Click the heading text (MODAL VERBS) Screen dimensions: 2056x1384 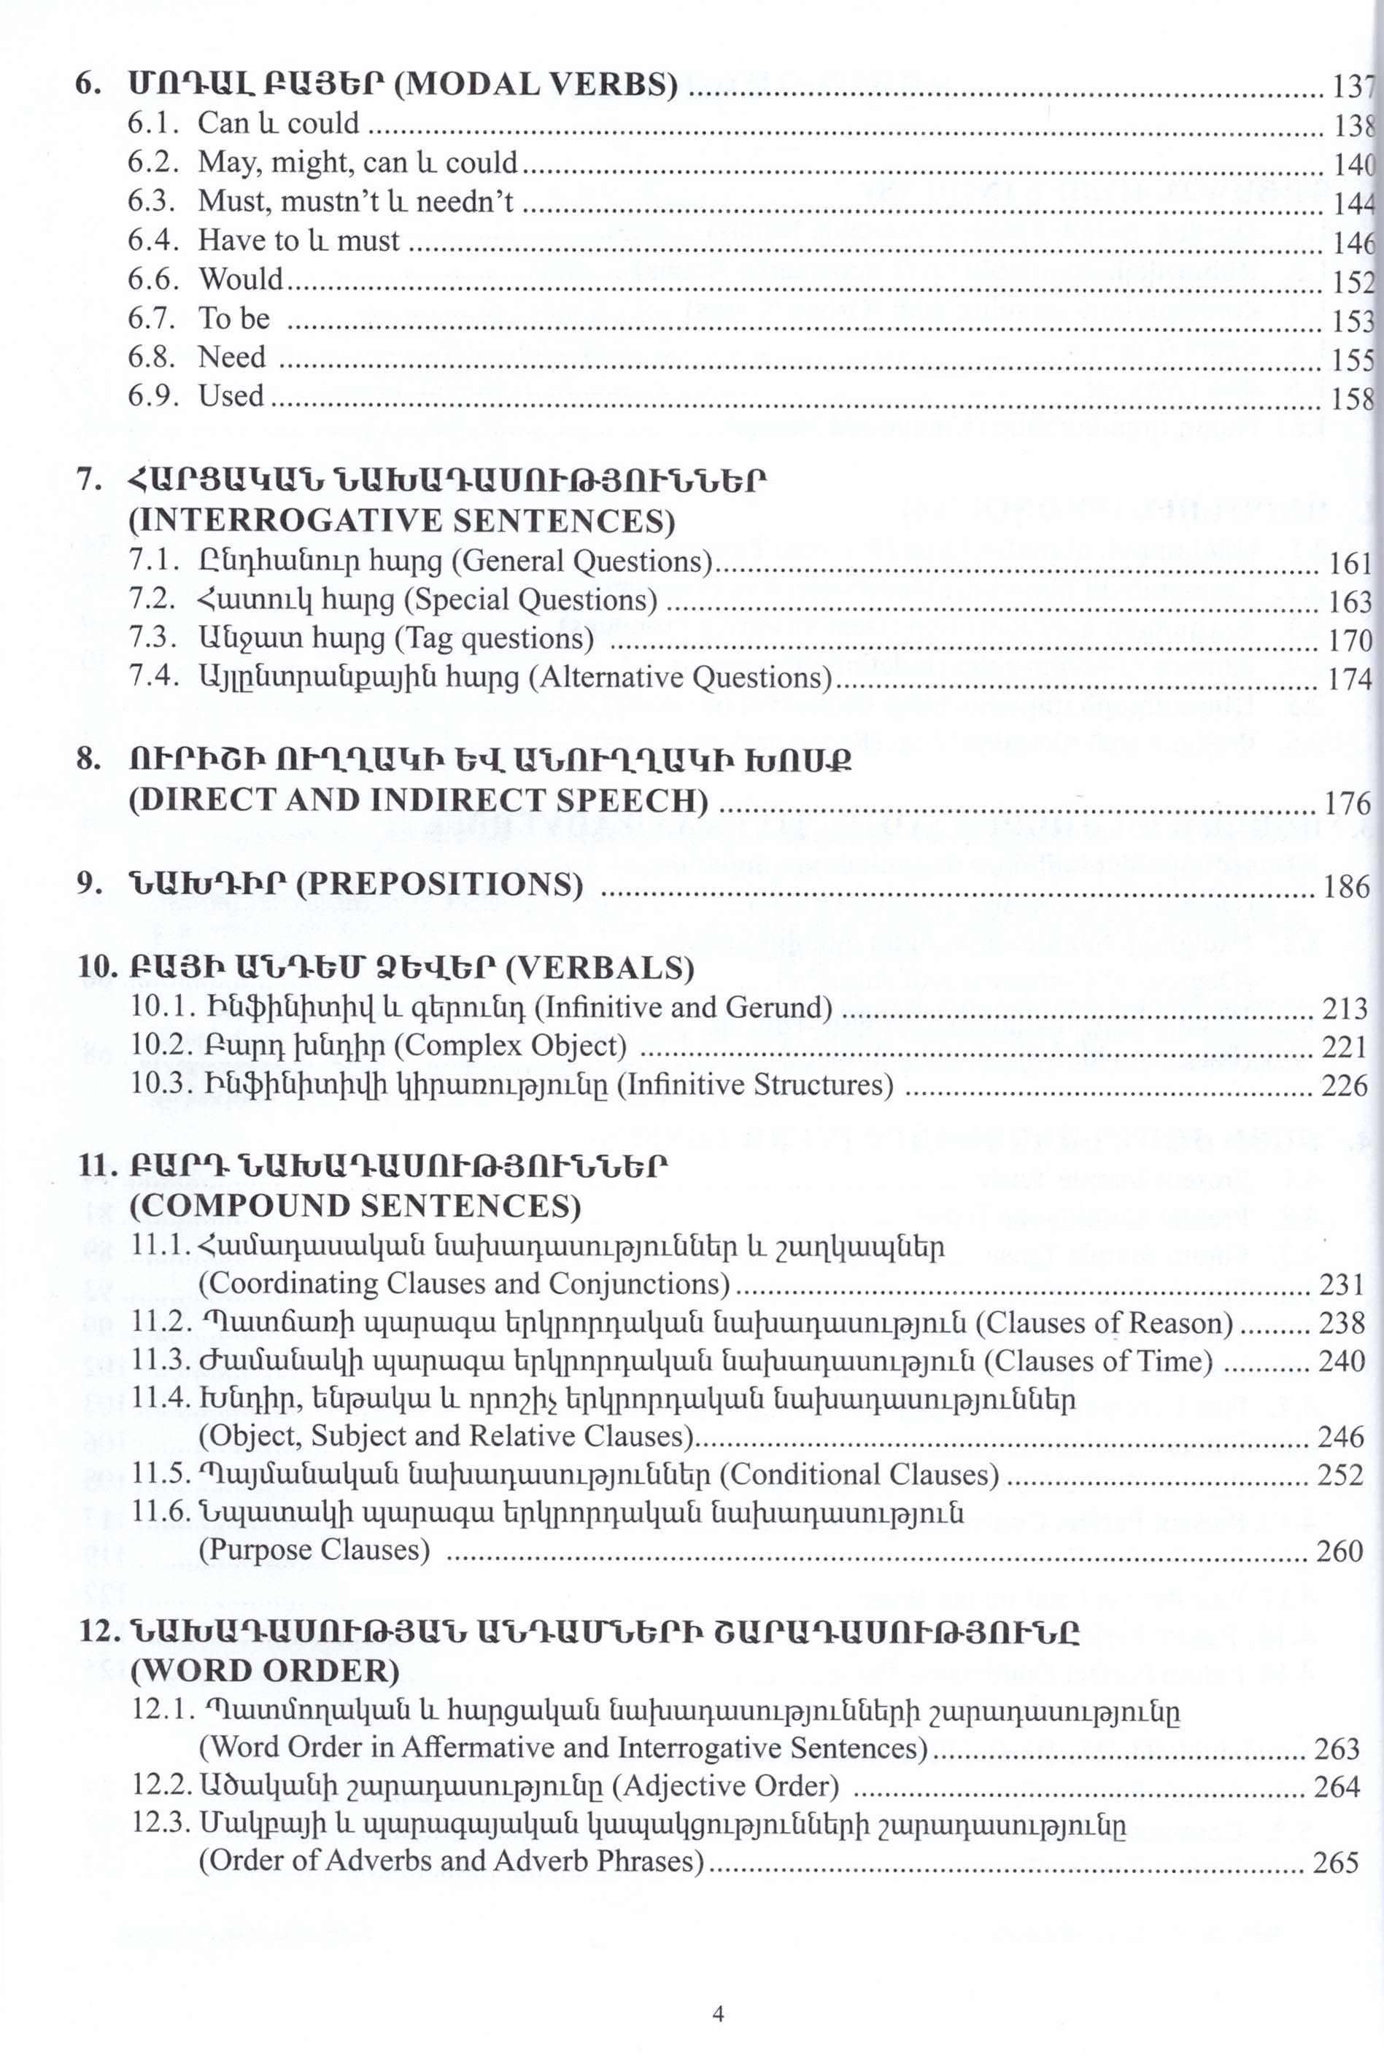coord(535,85)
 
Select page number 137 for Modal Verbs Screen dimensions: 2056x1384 coord(1352,87)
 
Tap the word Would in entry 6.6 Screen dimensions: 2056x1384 coord(241,279)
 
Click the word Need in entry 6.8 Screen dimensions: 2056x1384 coord(231,357)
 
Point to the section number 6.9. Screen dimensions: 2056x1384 coord(152,396)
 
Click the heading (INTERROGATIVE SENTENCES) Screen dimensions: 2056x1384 coord(401,521)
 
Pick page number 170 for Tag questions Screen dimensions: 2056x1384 coord(1350,640)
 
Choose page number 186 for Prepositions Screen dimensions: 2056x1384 coord(1346,886)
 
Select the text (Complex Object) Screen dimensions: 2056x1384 coord(509,1046)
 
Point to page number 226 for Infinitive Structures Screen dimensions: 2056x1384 coord(1343,1085)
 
